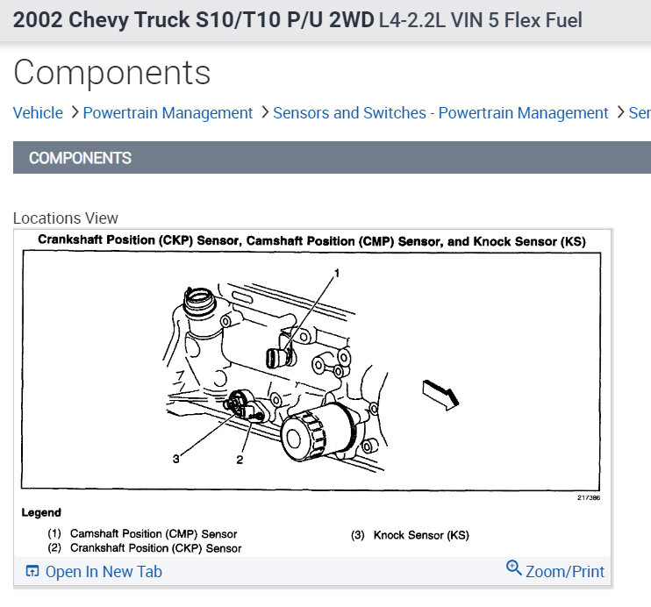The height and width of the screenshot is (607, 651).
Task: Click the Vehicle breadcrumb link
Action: click(38, 113)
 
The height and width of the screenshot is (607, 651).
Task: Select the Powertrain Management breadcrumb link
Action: click(168, 113)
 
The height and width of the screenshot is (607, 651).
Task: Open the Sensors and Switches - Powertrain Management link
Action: click(440, 113)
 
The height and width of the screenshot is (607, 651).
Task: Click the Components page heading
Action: click(112, 73)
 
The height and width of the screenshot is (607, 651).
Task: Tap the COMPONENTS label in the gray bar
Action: click(80, 159)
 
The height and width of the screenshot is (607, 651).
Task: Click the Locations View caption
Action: click(66, 218)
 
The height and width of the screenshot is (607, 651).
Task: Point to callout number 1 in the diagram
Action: click(336, 274)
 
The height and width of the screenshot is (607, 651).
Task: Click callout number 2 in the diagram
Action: click(239, 458)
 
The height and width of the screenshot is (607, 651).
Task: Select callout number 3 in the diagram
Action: click(175, 458)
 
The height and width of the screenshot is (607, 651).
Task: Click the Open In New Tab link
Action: click(104, 572)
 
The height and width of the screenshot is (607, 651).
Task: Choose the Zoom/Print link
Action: click(565, 572)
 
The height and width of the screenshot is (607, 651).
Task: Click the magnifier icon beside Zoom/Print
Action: click(514, 568)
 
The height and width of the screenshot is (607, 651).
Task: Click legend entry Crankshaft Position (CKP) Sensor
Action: click(155, 548)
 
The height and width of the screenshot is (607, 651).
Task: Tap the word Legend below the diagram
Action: click(41, 512)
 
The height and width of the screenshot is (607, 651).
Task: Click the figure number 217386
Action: click(589, 497)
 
